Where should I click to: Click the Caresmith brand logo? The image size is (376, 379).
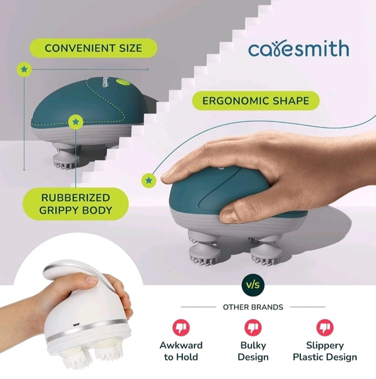pos(299,49)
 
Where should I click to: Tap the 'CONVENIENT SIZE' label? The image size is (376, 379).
pos(93,48)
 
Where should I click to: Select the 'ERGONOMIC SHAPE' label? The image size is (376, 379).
pos(256,101)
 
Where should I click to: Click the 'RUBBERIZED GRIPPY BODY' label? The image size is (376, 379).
pos(76,204)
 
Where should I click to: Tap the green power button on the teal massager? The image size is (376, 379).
pos(123,82)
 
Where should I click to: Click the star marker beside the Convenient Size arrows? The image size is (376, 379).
pos(24,70)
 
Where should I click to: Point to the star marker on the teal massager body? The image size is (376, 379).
pos(76,122)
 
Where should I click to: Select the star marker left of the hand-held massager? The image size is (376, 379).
pos(149,180)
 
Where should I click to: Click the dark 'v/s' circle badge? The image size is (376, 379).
pos(253,285)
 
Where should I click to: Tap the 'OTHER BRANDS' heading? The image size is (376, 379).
pos(253,307)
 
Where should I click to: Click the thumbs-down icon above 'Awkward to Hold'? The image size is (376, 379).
pos(181,328)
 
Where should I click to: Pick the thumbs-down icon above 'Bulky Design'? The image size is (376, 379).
pos(253,328)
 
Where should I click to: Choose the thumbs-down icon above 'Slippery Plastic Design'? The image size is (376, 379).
pos(325,328)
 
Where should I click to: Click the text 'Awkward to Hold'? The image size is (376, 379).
pos(181,351)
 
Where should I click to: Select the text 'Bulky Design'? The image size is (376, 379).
pos(253,351)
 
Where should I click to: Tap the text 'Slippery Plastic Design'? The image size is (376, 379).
pos(325,351)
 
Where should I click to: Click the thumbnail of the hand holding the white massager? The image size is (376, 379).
pos(92,280)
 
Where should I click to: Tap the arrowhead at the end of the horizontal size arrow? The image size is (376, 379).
pos(147,70)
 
